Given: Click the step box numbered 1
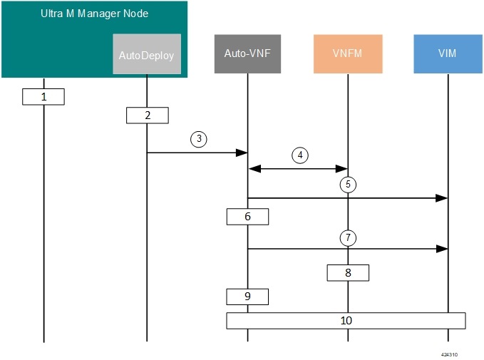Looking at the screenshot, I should coord(43,96).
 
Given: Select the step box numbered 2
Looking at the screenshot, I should coord(147,114).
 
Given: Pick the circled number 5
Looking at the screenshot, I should coord(348,184).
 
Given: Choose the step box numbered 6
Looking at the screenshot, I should coord(247,216).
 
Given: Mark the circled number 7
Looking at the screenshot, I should coord(348,236).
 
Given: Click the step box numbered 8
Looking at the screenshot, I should coord(348,272).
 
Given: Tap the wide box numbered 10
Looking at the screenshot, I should coord(346,321).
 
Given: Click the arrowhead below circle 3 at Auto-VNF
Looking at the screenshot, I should coord(242,153).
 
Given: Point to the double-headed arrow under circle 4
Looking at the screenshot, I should coord(298,169).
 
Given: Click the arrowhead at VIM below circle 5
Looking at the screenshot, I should coord(443,199).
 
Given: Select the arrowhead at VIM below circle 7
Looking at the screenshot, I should coord(443,249).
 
